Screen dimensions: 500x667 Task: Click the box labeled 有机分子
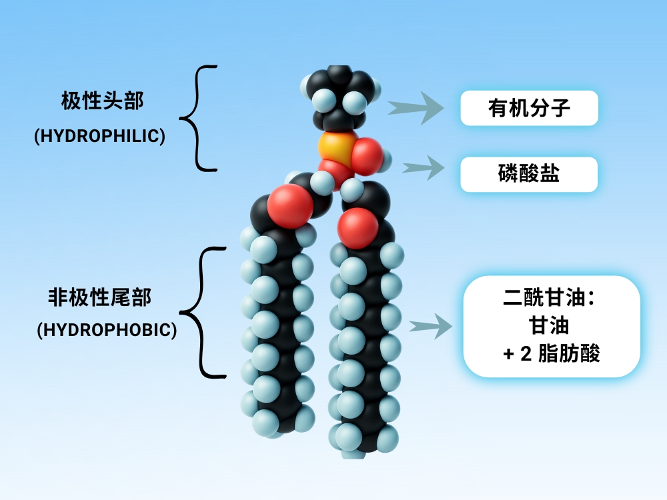[529, 108]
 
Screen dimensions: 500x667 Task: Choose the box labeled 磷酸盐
[529, 175]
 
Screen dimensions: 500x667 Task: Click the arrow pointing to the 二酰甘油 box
[431, 326]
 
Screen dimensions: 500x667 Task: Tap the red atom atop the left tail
[290, 207]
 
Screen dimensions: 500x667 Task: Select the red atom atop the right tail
[358, 227]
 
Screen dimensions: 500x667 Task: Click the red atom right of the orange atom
[367, 155]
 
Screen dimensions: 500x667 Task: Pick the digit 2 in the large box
[525, 353]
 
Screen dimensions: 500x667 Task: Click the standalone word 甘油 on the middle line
[552, 325]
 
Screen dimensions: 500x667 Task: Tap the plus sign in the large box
[508, 353]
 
